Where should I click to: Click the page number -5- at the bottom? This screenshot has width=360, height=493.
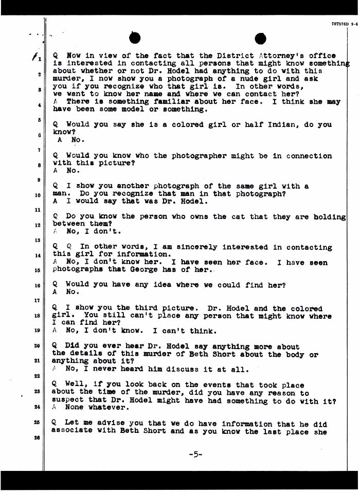195,454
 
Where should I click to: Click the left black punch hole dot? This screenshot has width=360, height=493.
135,38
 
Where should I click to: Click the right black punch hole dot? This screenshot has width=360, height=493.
260,39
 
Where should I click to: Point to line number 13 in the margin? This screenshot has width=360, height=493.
37,240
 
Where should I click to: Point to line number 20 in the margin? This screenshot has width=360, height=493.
37,346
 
